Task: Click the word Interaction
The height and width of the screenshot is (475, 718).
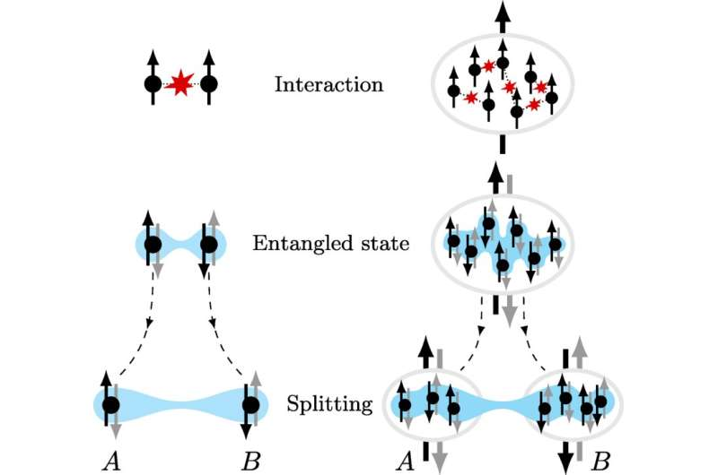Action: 329,86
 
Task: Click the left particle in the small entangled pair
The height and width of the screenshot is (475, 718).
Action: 153,244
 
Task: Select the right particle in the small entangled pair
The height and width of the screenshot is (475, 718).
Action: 210,244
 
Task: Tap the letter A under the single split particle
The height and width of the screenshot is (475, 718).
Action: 111,461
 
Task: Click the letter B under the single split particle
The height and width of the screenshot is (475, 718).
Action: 251,461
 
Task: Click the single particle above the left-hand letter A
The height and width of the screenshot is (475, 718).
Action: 111,405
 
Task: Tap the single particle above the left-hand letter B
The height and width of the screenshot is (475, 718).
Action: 251,405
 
